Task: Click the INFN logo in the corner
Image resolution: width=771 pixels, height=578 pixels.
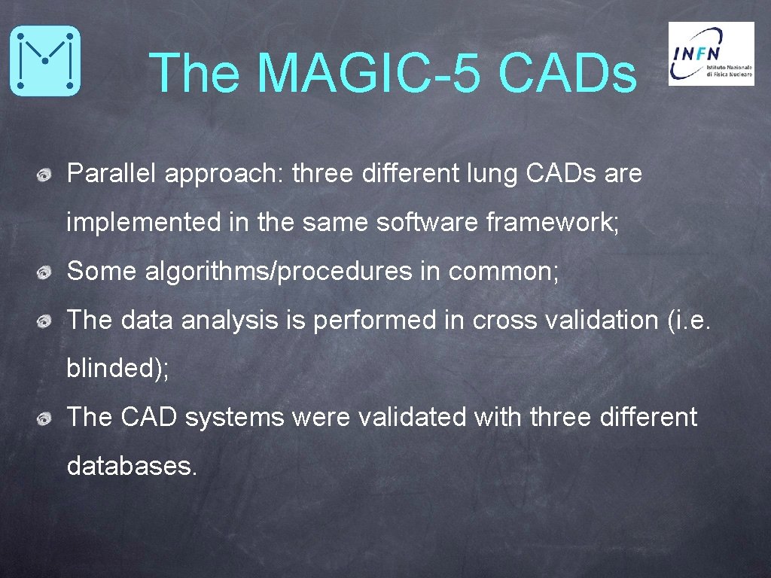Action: tap(711, 53)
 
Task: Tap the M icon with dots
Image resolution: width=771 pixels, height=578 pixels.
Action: tap(44, 61)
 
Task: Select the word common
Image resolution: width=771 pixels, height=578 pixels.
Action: tap(503, 272)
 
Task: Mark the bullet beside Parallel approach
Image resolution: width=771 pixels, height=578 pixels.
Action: tap(45, 176)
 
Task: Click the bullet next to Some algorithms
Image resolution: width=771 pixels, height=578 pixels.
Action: tap(45, 273)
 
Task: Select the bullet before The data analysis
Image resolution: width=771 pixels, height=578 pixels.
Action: tap(45, 322)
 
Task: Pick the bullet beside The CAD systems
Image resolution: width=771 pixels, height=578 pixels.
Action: tap(45, 418)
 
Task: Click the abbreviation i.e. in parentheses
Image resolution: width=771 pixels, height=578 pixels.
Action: tap(690, 321)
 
